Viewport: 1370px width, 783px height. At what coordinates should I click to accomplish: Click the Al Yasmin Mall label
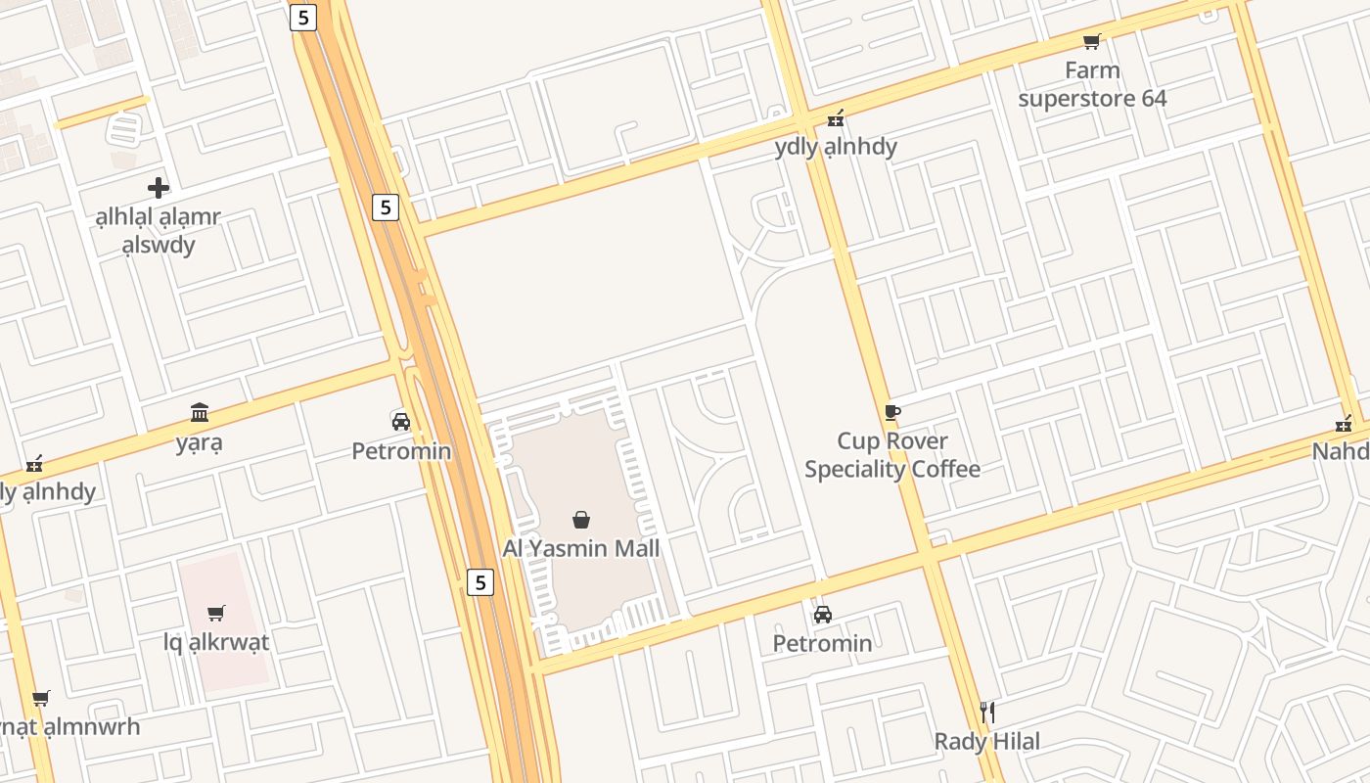coord(581,548)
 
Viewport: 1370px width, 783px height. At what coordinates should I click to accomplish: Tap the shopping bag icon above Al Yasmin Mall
coord(581,519)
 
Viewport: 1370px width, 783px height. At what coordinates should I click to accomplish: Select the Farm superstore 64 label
coord(1092,84)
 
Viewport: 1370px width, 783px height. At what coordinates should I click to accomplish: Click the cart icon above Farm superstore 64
coord(1092,41)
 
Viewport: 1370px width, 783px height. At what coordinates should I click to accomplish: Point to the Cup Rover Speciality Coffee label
coord(892,455)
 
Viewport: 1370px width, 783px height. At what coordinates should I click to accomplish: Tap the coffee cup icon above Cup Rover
coord(891,412)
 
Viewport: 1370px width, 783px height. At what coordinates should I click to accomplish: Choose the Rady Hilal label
coord(987,741)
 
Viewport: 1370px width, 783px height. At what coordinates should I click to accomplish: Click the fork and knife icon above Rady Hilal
coord(987,712)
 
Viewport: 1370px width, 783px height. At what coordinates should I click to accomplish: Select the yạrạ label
coord(200,442)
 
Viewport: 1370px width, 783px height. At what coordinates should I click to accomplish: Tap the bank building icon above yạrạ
coord(200,412)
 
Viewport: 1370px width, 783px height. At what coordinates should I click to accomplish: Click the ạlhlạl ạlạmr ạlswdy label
coord(159,231)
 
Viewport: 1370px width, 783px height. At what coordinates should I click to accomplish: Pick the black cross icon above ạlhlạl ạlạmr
coord(159,187)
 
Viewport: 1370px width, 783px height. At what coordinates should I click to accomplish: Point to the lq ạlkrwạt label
coord(216,643)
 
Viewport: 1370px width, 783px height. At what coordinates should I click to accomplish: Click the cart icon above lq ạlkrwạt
coord(216,614)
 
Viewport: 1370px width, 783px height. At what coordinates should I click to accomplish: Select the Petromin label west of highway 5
coord(401,451)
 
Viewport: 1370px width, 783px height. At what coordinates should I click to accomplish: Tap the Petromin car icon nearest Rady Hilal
coord(823,615)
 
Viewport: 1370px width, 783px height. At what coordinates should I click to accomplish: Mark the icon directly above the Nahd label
coord(1344,424)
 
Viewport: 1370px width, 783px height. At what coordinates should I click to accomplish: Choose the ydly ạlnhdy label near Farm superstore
coord(836,147)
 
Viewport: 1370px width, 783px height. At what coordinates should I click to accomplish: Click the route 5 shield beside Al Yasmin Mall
coord(479,582)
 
